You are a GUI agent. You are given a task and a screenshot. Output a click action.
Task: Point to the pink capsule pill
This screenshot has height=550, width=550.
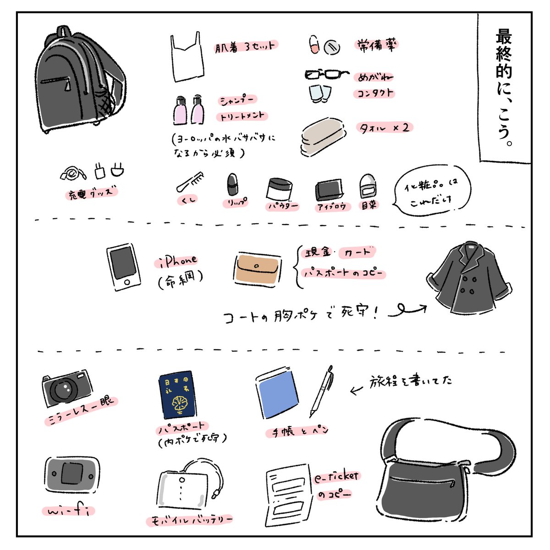coord(314,45)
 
